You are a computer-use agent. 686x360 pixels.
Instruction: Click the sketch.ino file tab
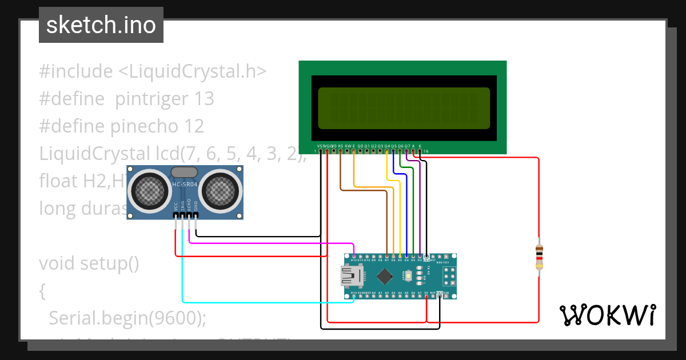[x=101, y=25]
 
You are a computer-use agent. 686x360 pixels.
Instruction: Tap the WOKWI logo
[x=607, y=315]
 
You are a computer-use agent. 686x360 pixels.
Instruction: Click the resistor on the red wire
[x=539, y=257]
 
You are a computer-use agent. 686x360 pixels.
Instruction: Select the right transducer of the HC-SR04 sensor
[x=220, y=191]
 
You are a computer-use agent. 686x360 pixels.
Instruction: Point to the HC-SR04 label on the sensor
[x=185, y=184]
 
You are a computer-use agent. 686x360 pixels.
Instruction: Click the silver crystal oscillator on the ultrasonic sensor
[x=185, y=172]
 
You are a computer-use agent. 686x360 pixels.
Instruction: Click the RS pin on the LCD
[x=341, y=150]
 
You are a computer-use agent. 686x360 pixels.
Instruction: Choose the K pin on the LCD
[x=420, y=150]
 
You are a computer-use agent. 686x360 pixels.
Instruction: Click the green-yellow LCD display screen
[x=404, y=108]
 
